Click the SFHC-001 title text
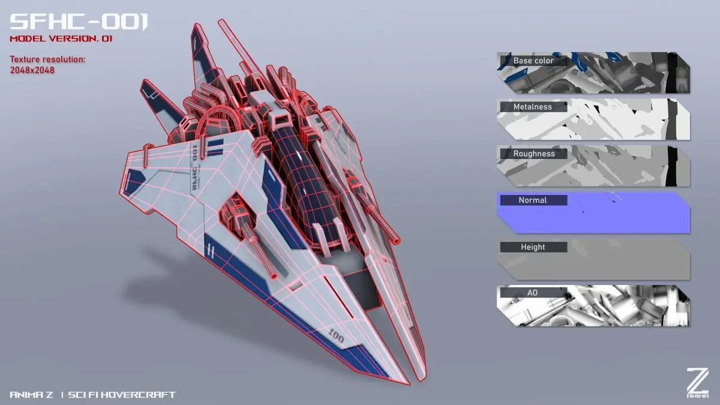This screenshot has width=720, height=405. pyautogui.click(x=79, y=22)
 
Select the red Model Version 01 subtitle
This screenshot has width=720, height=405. pyautogui.click(x=61, y=39)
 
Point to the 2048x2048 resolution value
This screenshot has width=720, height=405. pyautogui.click(x=32, y=70)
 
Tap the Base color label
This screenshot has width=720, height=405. pyautogui.click(x=533, y=61)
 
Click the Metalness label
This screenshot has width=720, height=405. pyautogui.click(x=533, y=107)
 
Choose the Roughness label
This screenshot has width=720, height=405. pyautogui.click(x=534, y=154)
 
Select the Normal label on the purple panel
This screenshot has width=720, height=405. pyautogui.click(x=533, y=200)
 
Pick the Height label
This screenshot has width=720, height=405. pyautogui.click(x=533, y=247)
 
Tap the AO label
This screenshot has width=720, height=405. pyautogui.click(x=532, y=293)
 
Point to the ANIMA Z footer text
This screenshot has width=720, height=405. pyautogui.click(x=31, y=395)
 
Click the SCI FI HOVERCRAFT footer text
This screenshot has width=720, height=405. pyautogui.click(x=122, y=395)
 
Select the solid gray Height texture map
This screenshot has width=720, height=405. pyautogui.click(x=593, y=259)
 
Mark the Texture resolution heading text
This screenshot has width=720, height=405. pyautogui.click(x=47, y=59)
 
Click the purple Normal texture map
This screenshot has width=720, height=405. pyautogui.click(x=593, y=212)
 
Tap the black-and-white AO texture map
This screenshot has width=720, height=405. pyautogui.click(x=593, y=305)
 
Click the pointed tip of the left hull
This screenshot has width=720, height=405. pyautogui.click(x=409, y=384)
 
